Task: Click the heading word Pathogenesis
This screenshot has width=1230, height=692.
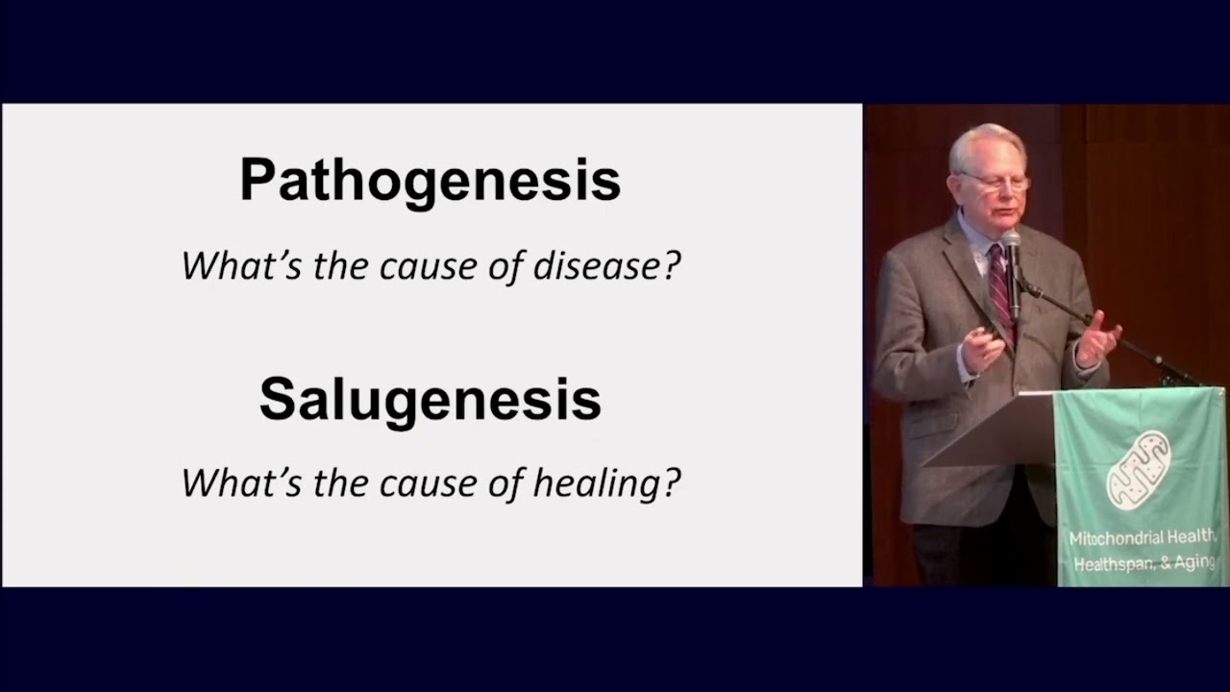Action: pos(430,181)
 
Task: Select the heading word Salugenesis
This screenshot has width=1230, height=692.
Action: pos(430,399)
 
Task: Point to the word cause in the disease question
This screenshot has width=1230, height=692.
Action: pos(425,266)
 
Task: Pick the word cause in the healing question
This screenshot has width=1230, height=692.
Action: pos(425,482)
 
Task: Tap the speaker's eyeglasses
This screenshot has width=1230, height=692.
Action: pos(994,181)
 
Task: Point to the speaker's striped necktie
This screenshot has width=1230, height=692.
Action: pos(1000,284)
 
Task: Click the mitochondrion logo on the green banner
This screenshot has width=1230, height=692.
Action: pos(1139,470)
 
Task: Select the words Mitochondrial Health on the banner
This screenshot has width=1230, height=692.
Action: pos(1144,538)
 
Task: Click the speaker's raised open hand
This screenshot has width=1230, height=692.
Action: pos(1097,338)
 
